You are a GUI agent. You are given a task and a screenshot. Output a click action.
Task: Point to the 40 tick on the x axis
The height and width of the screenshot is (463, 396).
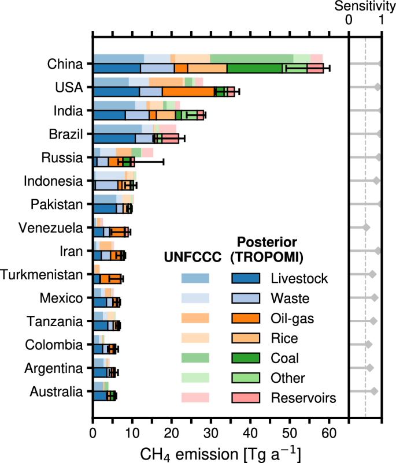[x=250, y=420]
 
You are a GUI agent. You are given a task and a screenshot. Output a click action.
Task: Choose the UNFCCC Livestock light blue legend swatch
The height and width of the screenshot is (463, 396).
[x=195, y=279]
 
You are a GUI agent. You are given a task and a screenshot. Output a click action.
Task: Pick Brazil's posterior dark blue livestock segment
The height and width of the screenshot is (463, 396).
[x=114, y=139]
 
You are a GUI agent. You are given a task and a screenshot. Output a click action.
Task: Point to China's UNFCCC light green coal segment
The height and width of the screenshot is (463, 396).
[x=251, y=58]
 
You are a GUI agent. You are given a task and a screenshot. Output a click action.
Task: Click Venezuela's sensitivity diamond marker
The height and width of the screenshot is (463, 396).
[x=366, y=227]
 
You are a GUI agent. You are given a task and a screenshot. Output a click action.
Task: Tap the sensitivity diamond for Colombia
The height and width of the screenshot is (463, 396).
[x=368, y=345]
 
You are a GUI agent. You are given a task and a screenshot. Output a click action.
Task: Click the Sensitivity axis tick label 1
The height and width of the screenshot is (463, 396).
[x=381, y=19]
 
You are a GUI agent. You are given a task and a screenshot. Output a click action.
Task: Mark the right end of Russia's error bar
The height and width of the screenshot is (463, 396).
[x=164, y=162]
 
